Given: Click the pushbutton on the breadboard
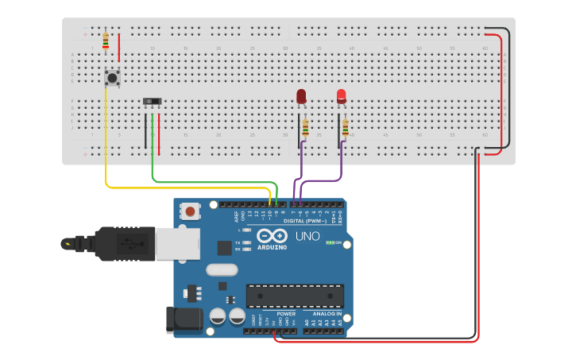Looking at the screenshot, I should coord(112,78).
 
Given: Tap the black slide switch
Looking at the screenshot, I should coord(152,101).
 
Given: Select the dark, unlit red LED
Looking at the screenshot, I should coord(301,96).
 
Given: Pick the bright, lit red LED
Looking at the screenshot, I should coord(342,96).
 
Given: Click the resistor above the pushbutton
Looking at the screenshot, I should coord(106,40).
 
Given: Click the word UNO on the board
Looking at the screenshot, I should coord(307,236).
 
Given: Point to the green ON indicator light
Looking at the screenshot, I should coord(330,242).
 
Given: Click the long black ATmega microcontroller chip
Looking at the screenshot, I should coord(295,296).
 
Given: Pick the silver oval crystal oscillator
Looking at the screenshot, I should coord(222,269).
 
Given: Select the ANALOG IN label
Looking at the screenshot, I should coord(327,314).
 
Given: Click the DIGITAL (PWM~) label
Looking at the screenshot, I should coord(309,221).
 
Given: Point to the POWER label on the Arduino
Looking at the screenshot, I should coord(286,314).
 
